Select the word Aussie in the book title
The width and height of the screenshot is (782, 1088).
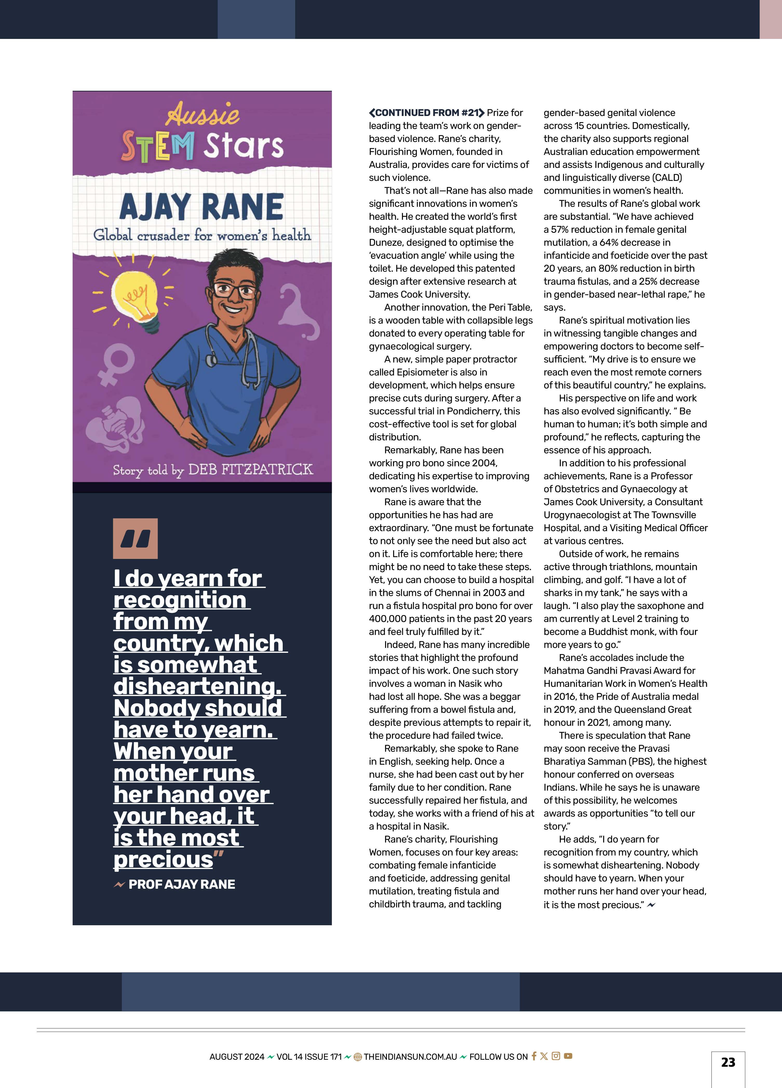pyautogui.click(x=203, y=114)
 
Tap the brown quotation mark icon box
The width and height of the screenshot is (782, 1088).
pyautogui.click(x=135, y=538)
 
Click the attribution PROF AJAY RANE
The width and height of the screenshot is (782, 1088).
pyautogui.click(x=181, y=884)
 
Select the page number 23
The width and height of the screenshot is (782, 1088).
pyautogui.click(x=728, y=1062)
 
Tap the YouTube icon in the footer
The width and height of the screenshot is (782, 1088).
pyautogui.click(x=568, y=1056)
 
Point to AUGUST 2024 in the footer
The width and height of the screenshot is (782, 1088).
pyautogui.click(x=237, y=1056)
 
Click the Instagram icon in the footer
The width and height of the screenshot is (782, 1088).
pyautogui.click(x=556, y=1056)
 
